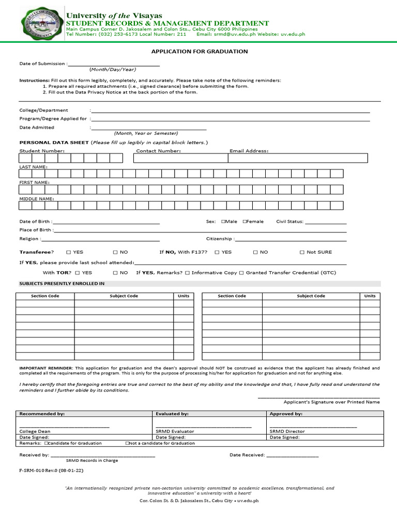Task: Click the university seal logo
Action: pos(40,25)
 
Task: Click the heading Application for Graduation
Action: pos(199,52)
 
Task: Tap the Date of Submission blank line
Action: pos(113,65)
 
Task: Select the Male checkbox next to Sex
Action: pos(223,222)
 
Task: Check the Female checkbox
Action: pos(245,222)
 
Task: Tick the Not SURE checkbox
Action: pos(302,252)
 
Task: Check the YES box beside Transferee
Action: pos(69,252)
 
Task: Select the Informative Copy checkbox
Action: pos(187,272)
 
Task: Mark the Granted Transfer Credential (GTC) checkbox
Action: pos(241,272)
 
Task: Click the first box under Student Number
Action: pos(26,158)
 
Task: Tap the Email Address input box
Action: pos(298,158)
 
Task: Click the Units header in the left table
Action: pos(183,296)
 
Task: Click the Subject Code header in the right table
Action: pos(311,296)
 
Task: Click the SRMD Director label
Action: pos(287,431)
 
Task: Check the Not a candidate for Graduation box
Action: pos(127,443)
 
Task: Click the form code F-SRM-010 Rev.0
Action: pos(51,471)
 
